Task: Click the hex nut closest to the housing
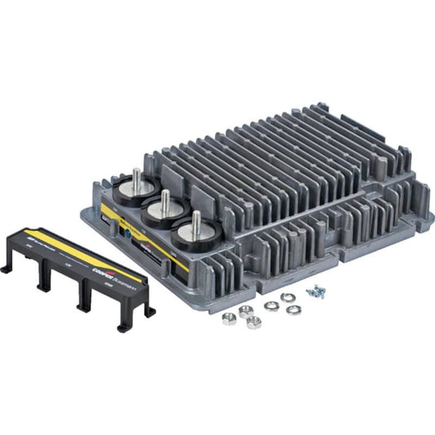pos(246,310)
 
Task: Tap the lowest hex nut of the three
pos(253,323)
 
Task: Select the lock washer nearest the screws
pos(287,298)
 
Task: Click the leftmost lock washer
pos(271,305)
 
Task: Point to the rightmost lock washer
pos(294,310)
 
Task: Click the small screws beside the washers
pos(314,291)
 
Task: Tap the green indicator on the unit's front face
pos(124,231)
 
